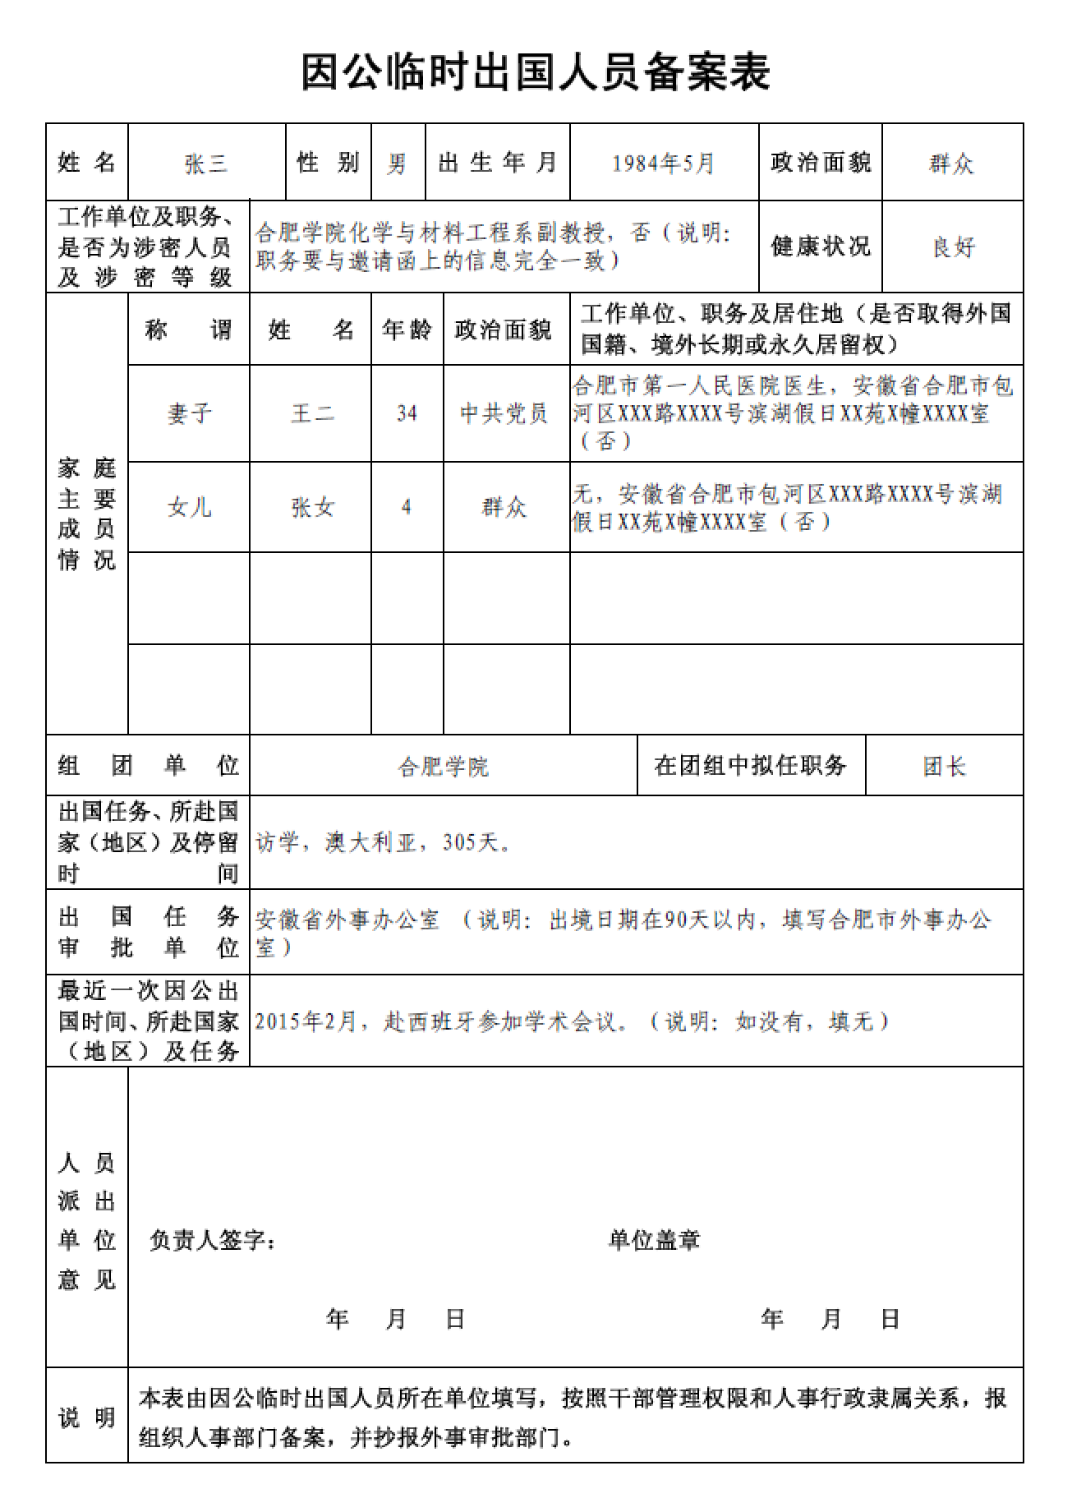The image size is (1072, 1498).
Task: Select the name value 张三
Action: pos(205,164)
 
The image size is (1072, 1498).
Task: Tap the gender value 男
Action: pos(398,164)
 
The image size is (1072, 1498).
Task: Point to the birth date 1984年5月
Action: pos(663,164)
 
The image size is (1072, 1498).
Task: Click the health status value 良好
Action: pos(953,247)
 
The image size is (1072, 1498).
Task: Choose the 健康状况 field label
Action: pos(820,246)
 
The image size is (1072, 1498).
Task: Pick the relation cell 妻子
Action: pos(189,413)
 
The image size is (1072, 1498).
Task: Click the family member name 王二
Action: pos(311,413)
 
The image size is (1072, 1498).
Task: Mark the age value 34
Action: pos(407,413)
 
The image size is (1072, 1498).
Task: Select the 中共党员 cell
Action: pos(504,413)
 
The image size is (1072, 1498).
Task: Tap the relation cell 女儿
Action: pos(189,507)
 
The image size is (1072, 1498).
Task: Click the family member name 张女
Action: pos(311,507)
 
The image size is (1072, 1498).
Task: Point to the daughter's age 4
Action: pos(407,507)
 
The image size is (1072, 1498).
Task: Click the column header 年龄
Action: pos(407,330)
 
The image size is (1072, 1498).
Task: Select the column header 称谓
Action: pos(189,330)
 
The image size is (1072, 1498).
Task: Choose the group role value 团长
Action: pos(944,767)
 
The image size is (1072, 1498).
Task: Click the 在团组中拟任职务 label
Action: pos(750,766)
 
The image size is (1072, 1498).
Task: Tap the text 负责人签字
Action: pos(212,1239)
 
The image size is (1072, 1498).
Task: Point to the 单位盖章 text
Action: pos(654,1239)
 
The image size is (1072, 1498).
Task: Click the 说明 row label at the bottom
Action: pos(87,1417)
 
